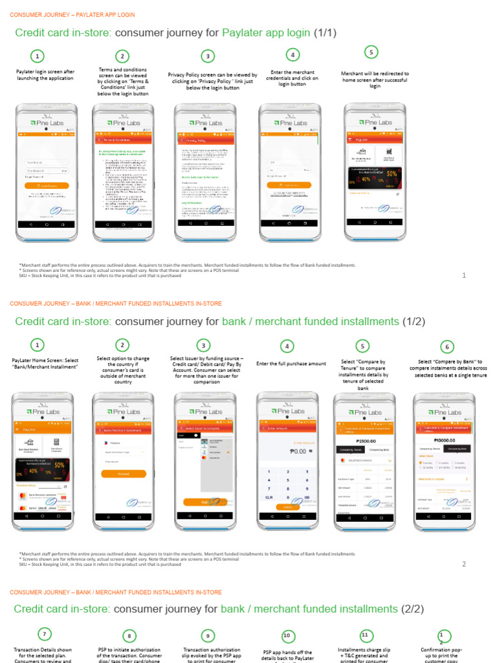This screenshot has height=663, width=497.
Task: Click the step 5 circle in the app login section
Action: tap(371, 52)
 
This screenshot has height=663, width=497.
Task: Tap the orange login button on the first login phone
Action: tap(47, 185)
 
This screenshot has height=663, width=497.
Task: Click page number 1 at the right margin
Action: tap(464, 275)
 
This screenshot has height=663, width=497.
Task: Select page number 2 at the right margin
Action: tap(464, 564)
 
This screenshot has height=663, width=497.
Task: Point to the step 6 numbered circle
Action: tap(446, 346)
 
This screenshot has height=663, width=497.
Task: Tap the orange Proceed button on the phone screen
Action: tap(124, 473)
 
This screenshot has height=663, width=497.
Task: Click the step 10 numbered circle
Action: tap(288, 636)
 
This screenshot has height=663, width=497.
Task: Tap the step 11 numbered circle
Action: tap(365, 635)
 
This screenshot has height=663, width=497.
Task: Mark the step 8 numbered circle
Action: tap(129, 636)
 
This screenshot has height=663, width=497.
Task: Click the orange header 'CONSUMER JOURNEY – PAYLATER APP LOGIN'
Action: tap(72, 14)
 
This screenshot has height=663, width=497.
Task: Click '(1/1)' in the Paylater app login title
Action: tap(326, 32)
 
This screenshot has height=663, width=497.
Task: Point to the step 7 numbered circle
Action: tap(43, 634)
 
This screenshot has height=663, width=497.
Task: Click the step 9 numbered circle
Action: tap(208, 636)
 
